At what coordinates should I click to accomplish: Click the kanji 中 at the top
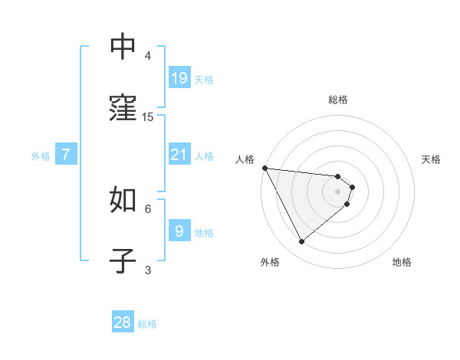tap(123, 47)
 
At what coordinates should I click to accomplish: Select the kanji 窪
tap(123, 108)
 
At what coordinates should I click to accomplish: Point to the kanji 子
tap(123, 260)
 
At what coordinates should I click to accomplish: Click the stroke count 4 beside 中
tap(148, 56)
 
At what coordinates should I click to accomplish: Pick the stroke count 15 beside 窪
tap(148, 116)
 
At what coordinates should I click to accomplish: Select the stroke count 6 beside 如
tap(148, 208)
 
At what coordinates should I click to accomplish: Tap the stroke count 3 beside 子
tap(148, 269)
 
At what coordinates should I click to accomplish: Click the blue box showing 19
tap(179, 78)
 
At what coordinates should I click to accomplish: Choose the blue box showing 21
tap(179, 155)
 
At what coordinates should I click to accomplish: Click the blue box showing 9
tap(179, 231)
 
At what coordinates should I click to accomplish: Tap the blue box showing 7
tap(66, 155)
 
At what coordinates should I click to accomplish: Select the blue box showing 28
tap(123, 322)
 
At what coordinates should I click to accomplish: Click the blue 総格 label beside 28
tap(147, 324)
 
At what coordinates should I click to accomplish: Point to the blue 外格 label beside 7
tap(41, 155)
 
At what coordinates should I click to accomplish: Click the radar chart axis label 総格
tap(338, 100)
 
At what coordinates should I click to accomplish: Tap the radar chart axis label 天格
tap(432, 159)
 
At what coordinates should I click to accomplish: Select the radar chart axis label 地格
tap(402, 262)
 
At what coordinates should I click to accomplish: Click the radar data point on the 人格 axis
tap(264, 168)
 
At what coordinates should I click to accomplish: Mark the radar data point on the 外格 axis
tap(301, 241)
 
